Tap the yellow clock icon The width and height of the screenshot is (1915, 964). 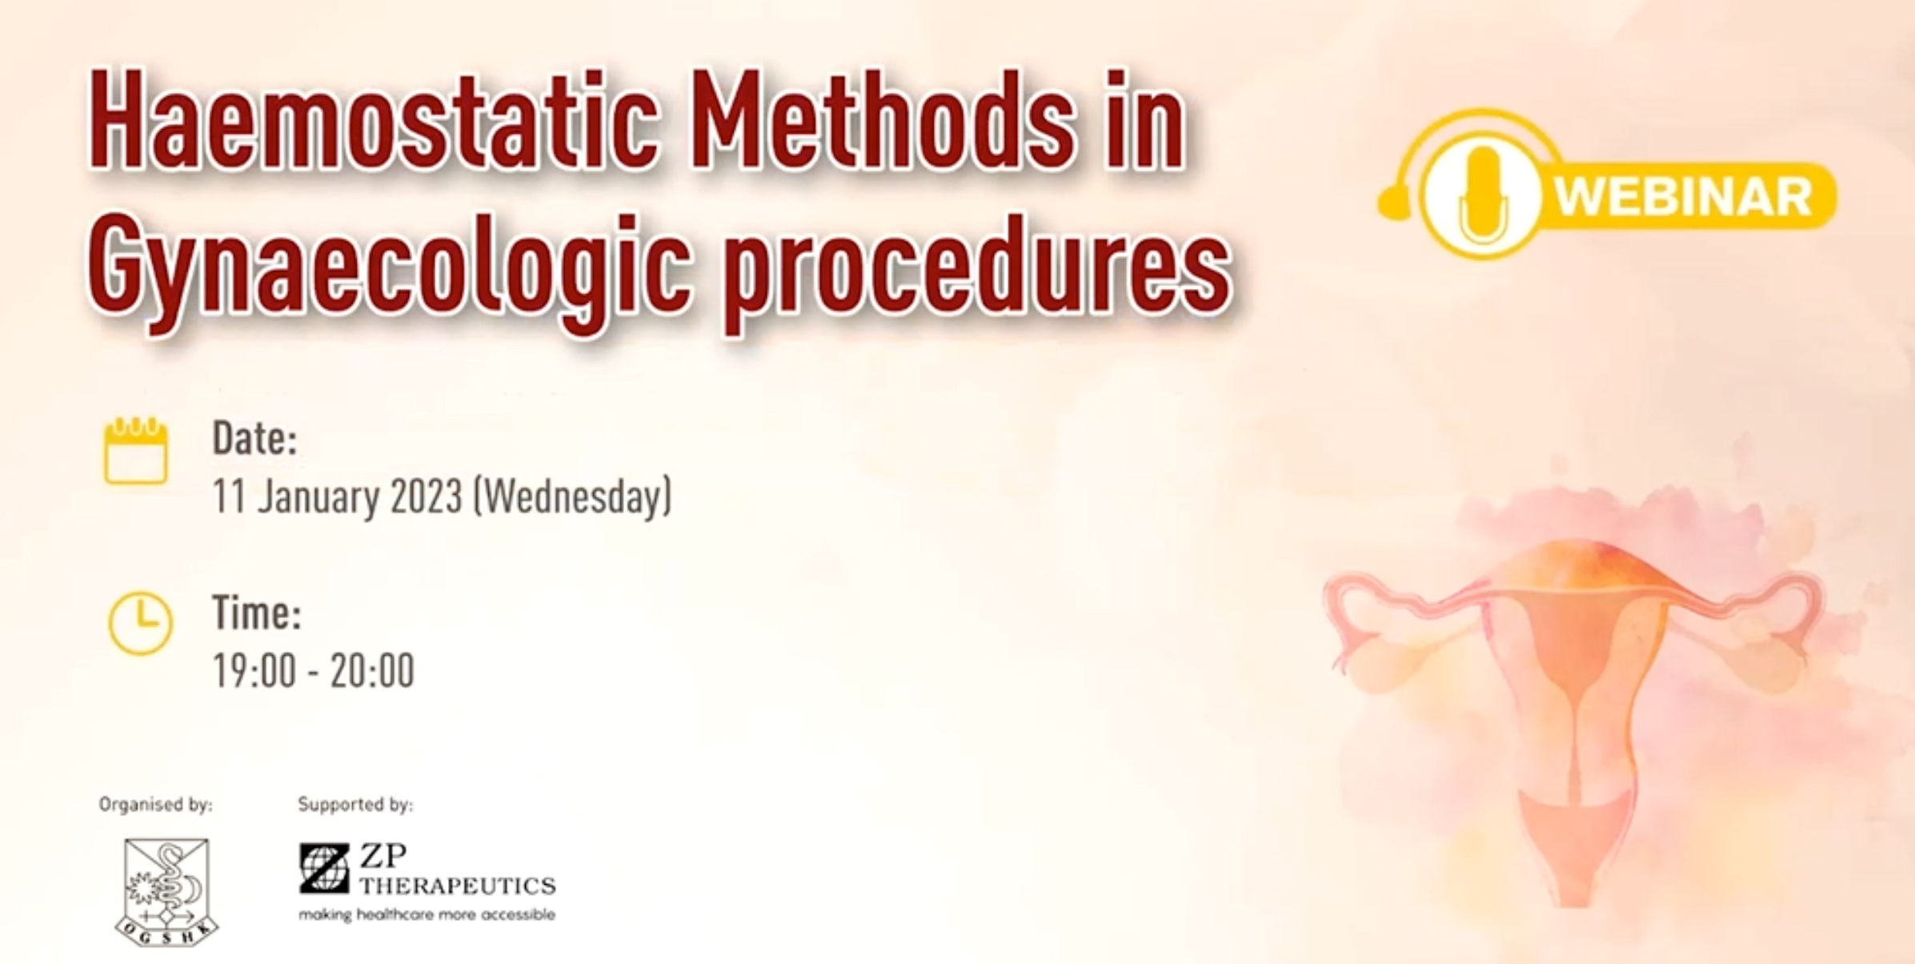[x=140, y=624]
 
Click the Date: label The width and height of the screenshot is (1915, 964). [x=254, y=439]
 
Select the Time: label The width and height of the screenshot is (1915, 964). [x=257, y=613]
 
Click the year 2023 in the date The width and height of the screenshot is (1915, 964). [x=427, y=496]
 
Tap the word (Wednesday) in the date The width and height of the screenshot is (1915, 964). [x=573, y=496]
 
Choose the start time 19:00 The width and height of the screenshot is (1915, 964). [x=254, y=670]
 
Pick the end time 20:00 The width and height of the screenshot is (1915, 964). [x=372, y=670]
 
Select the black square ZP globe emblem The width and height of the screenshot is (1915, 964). [x=324, y=869]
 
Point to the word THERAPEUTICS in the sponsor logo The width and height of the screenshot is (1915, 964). [x=458, y=886]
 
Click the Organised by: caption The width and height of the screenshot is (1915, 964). [x=156, y=804]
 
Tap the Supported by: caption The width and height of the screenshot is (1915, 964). [x=355, y=804]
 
